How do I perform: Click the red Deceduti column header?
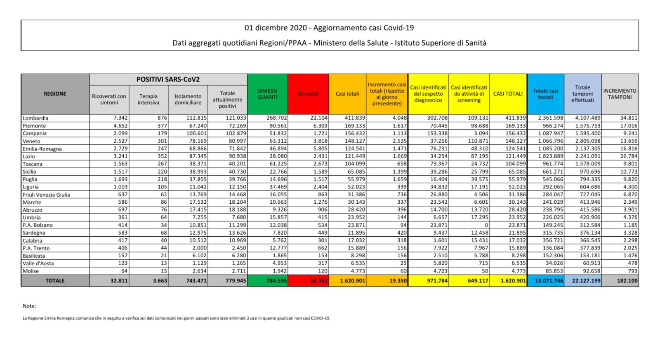coord(308,94)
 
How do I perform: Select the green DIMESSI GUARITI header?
coord(267,94)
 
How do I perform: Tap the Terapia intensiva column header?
coord(148,99)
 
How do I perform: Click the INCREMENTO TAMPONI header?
coord(620,94)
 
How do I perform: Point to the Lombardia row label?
coord(35,118)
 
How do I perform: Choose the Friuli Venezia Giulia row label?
coord(46,195)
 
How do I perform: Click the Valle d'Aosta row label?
coord(38,264)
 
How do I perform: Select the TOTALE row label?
coord(55,281)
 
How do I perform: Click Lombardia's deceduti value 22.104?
coord(319,118)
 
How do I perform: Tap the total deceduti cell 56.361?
coord(318,281)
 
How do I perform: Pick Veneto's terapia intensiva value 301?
coord(162,141)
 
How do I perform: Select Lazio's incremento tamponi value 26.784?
coord(629,156)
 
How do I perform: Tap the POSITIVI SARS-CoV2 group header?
coord(168,80)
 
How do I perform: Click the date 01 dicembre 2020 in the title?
coord(276,28)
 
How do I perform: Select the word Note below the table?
coord(29,306)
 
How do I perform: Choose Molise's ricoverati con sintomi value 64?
coord(124,271)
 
